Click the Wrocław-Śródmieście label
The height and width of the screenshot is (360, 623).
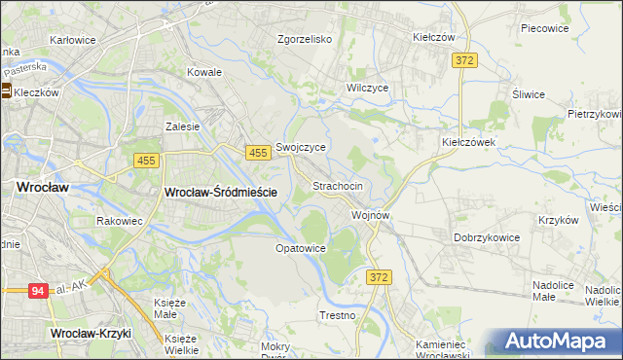pyautogui.click(x=221, y=193)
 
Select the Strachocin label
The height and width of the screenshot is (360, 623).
pyautogui.click(x=338, y=185)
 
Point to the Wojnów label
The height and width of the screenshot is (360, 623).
pyautogui.click(x=371, y=215)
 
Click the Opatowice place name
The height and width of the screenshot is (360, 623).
pyautogui.click(x=300, y=248)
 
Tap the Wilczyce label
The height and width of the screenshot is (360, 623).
pyautogui.click(x=368, y=87)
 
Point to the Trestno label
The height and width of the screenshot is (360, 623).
pyautogui.click(x=338, y=316)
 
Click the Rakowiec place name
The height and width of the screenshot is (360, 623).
pyautogui.click(x=121, y=221)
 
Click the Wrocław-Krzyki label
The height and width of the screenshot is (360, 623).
pyautogui.click(x=91, y=333)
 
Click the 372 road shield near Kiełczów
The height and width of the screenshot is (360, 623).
pyautogui.click(x=464, y=61)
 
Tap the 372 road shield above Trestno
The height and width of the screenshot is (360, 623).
pyautogui.click(x=380, y=278)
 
